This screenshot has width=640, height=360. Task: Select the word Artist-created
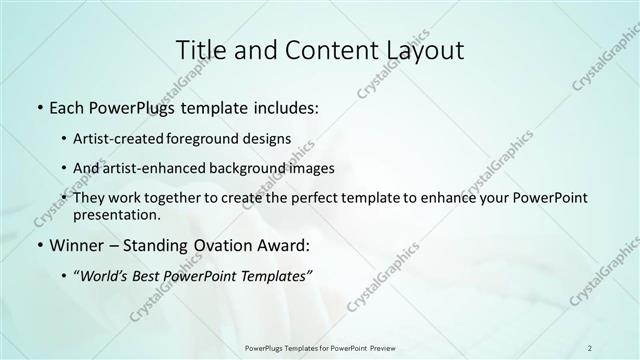click(x=120, y=138)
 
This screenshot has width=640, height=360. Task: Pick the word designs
click(x=269, y=138)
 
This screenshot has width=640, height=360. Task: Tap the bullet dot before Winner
click(x=39, y=245)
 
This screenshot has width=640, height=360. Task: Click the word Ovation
click(x=229, y=245)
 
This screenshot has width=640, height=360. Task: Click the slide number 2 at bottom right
click(x=590, y=347)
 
